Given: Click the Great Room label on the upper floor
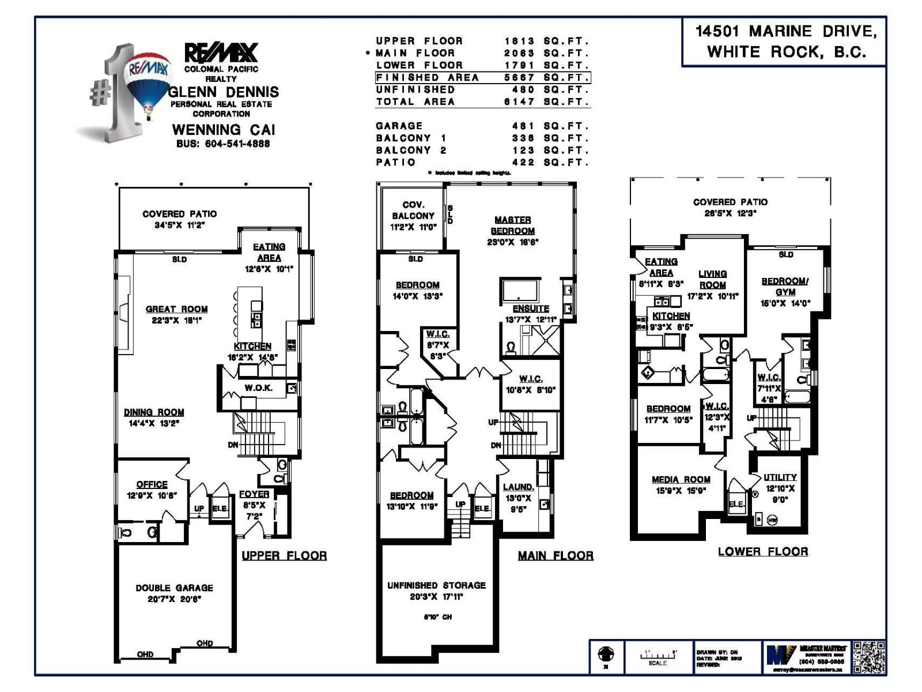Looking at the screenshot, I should [x=176, y=309].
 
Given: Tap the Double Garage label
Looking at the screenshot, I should [x=174, y=588].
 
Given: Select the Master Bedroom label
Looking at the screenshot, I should [x=512, y=225].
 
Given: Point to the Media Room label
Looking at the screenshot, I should [x=681, y=480].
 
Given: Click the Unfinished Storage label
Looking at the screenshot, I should [x=436, y=585].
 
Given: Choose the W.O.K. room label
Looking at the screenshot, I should [x=258, y=388].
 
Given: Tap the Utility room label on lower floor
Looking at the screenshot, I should [x=780, y=477].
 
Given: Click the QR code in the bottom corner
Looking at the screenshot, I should [x=868, y=657].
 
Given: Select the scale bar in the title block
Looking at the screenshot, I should [x=658, y=656].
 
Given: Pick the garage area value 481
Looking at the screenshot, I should [x=523, y=126].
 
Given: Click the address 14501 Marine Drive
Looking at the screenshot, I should [x=785, y=32].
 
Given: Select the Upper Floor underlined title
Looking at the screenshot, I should [x=284, y=556].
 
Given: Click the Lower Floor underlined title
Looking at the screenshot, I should [x=762, y=552].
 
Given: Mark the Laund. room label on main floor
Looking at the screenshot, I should [x=518, y=487].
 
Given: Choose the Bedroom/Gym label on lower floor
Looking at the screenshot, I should [x=785, y=287].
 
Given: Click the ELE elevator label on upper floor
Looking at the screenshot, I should [x=220, y=509].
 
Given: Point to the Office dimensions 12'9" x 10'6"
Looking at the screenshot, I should [x=152, y=495].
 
